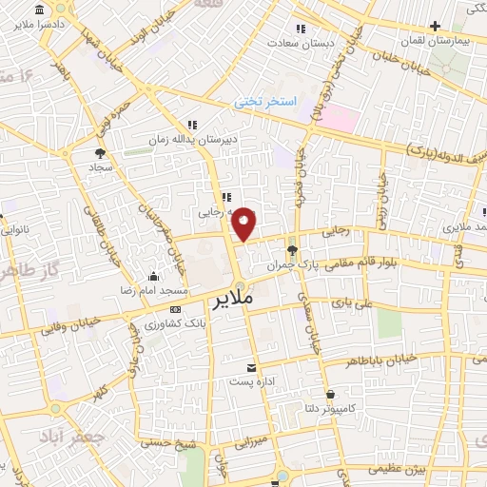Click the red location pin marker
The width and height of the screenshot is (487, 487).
click(x=244, y=223)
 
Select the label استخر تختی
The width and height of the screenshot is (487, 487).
click(x=266, y=101)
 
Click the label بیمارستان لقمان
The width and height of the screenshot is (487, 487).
click(x=436, y=43)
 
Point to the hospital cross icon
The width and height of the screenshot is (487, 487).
click(x=436, y=27)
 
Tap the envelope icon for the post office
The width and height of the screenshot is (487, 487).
click(x=251, y=367)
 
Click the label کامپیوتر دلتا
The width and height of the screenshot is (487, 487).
click(x=329, y=408)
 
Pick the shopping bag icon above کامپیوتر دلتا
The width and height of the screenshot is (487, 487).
click(x=329, y=394)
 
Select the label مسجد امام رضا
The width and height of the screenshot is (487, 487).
click(x=153, y=290)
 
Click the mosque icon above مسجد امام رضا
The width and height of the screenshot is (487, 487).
click(x=152, y=277)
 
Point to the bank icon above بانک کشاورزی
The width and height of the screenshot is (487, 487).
click(x=175, y=310)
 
